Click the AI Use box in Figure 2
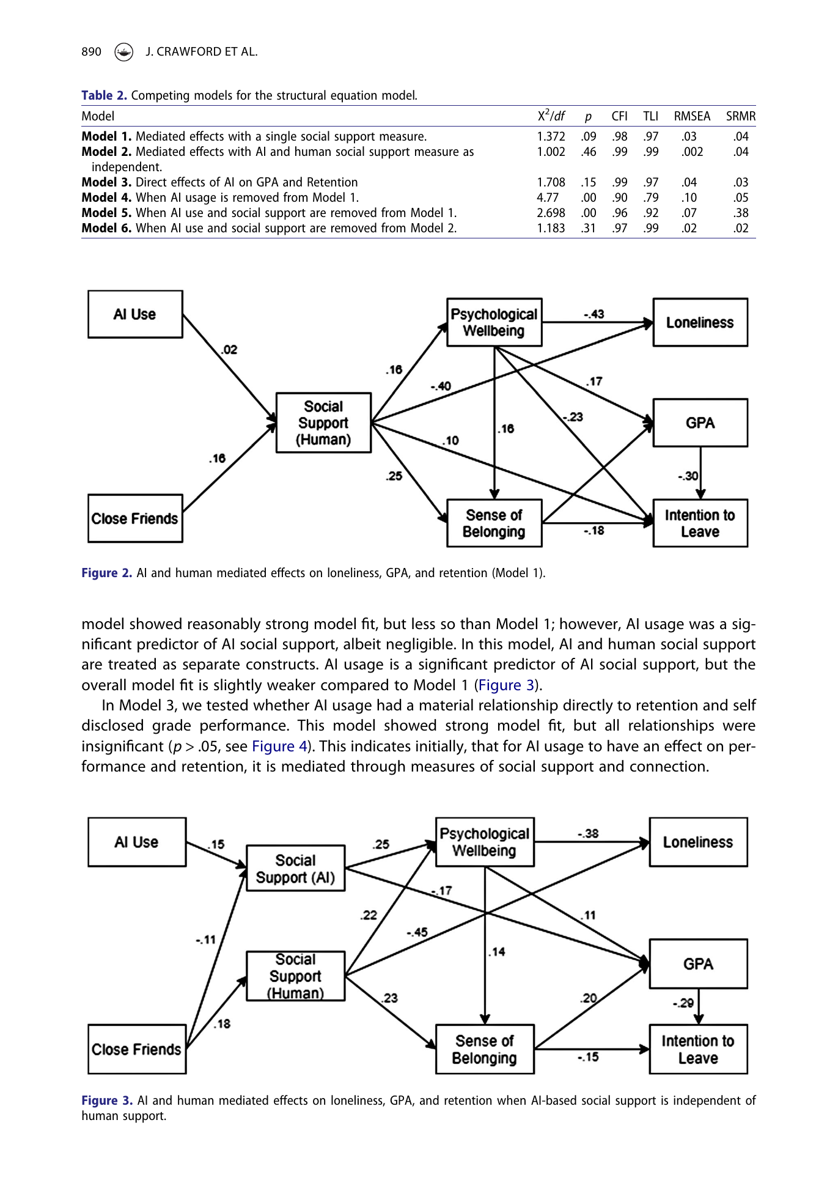click(135, 314)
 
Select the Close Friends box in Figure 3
click(137, 1049)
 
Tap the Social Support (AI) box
click(295, 868)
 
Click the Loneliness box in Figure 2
click(700, 323)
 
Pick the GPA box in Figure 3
click(698, 964)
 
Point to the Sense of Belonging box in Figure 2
click(494, 523)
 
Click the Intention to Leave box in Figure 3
click(698, 1049)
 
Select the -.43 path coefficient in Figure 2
click(594, 314)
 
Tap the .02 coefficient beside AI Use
click(229, 350)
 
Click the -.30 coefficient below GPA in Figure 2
click(688, 476)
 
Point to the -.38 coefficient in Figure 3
click(588, 833)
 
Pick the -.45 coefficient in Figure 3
click(417, 932)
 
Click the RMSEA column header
click(692, 116)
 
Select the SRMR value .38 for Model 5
click(741, 213)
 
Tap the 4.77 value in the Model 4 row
click(548, 197)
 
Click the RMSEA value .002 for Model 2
click(692, 152)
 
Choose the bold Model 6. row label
click(106, 228)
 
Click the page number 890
click(91, 52)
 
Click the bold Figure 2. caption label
click(107, 573)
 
